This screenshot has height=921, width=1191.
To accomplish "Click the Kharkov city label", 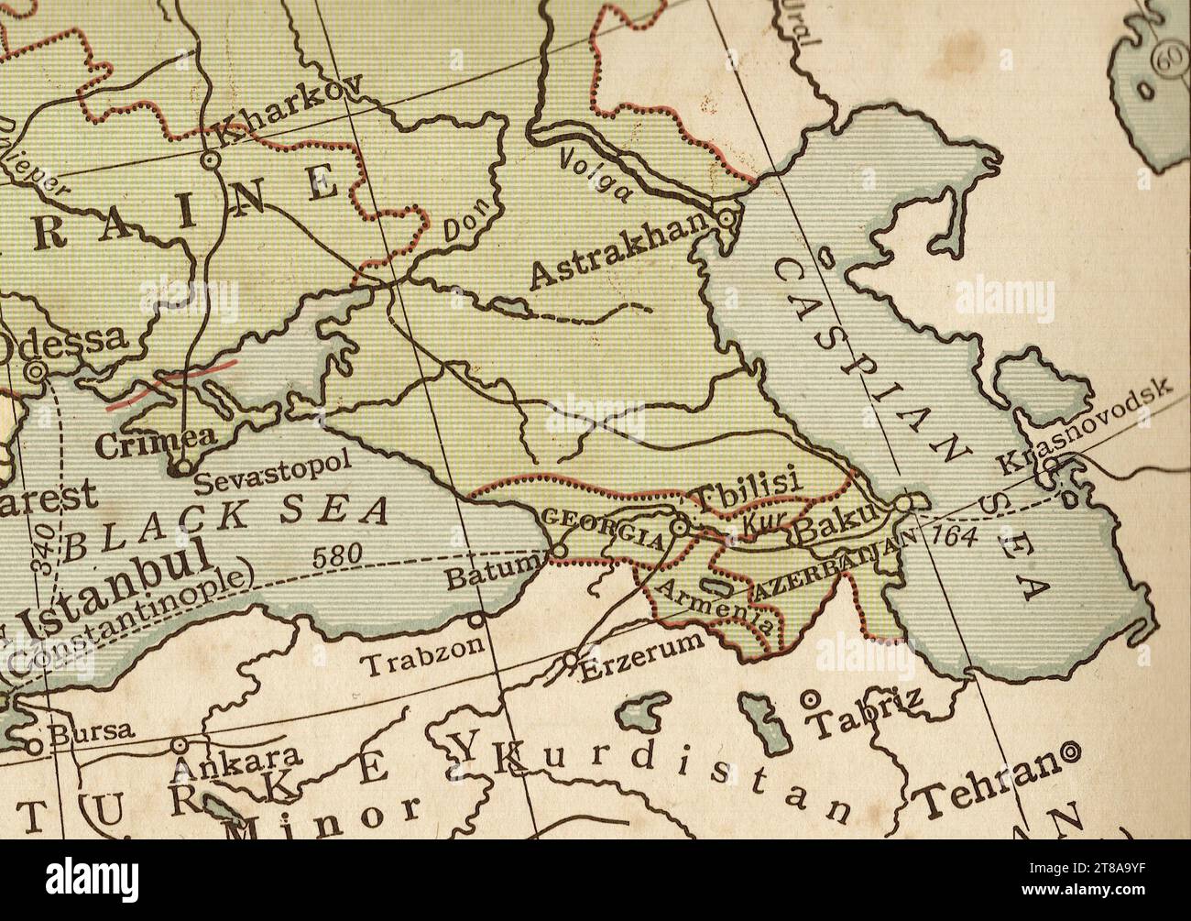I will pyautogui.click(x=286, y=109).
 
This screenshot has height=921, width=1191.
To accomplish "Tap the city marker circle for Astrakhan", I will pyautogui.click(x=727, y=219).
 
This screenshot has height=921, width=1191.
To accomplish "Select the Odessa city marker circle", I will pyautogui.click(x=36, y=371).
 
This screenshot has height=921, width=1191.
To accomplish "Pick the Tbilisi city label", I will pyautogui.click(x=746, y=488).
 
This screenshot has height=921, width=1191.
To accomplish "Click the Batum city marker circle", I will pyautogui.click(x=559, y=550).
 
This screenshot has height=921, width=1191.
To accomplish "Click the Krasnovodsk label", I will pyautogui.click(x=1085, y=425).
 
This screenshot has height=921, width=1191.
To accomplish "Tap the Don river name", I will pyautogui.click(x=465, y=224).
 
